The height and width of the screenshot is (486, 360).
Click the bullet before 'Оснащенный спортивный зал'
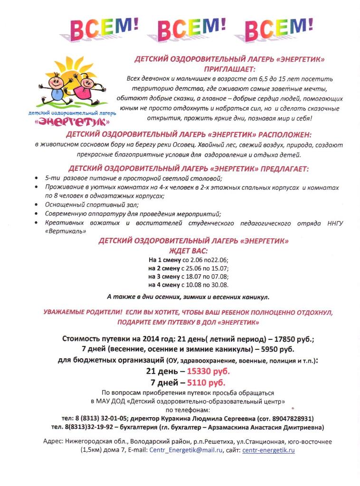pos(38,205)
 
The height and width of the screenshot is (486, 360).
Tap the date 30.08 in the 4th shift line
pos(219,285)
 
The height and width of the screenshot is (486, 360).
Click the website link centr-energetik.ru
pos(268,450)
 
